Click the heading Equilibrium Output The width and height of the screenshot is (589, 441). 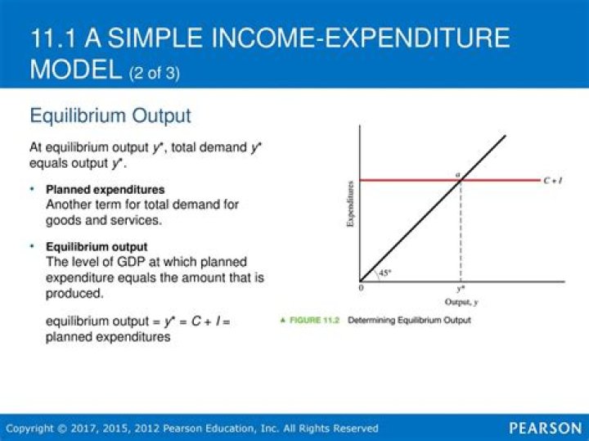click(x=110, y=115)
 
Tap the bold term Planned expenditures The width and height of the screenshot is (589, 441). click(x=105, y=190)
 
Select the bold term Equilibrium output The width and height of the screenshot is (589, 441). click(x=97, y=246)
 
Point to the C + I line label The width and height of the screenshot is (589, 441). click(x=552, y=180)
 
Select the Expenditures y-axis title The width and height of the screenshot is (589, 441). click(x=350, y=204)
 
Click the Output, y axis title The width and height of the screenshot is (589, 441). click(x=461, y=302)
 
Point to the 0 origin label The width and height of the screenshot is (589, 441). click(x=361, y=289)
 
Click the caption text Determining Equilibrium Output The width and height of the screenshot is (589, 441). click(x=409, y=320)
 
